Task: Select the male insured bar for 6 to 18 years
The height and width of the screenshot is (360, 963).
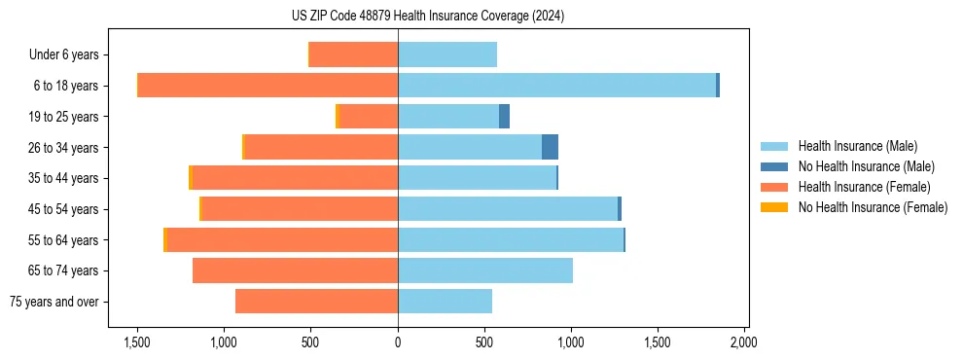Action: point(556,86)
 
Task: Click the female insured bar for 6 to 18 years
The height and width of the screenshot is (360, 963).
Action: point(267,86)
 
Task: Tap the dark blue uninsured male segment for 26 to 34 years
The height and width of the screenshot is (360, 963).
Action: point(550,147)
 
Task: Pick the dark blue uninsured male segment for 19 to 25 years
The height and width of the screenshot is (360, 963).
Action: point(504,117)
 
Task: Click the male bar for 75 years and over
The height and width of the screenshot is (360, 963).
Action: point(445,302)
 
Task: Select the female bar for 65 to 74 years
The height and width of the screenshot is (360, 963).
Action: point(295,270)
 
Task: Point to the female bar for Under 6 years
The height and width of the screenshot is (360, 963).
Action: point(353,54)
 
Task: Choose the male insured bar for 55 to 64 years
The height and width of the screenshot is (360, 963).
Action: point(510,239)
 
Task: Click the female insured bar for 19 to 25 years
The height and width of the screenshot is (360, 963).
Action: point(368,117)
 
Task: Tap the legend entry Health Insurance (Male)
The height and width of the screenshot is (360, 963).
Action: point(857,146)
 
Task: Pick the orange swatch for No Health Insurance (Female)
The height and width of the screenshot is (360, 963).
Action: point(773,207)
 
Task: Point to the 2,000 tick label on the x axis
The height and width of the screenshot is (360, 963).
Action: point(743,342)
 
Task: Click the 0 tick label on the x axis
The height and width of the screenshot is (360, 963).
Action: point(398,342)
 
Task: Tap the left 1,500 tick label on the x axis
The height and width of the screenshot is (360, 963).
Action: point(137,342)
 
